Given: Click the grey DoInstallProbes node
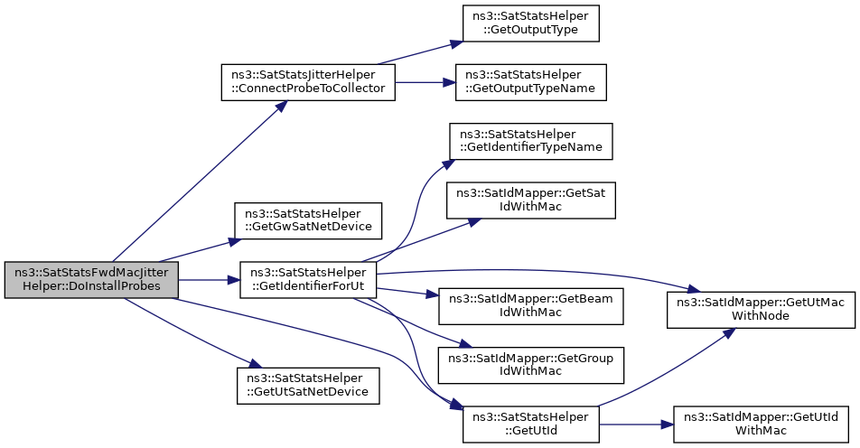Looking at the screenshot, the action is tap(91, 280).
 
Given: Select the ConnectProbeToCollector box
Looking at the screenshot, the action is tap(308, 82).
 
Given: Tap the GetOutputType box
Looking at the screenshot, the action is tap(530, 23).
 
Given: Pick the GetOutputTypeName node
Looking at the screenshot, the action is tap(530, 82).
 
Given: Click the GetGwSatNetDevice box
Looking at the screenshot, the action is tap(308, 220).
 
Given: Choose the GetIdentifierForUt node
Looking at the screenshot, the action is tap(308, 280).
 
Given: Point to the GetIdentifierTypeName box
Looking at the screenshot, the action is tap(530, 142).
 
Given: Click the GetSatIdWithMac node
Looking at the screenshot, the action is tap(530, 201).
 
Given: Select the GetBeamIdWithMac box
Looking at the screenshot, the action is tap(530, 306).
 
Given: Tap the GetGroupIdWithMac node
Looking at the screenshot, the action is tap(530, 365).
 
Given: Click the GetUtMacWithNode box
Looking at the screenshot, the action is tap(761, 310).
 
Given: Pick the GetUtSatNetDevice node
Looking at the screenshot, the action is tap(308, 386).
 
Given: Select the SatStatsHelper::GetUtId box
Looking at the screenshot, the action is tap(530, 424).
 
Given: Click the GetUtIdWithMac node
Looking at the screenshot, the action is tap(761, 424).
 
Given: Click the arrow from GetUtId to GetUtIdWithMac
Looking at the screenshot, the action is tap(636, 424).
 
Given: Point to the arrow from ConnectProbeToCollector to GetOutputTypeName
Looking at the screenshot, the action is tap(425, 82).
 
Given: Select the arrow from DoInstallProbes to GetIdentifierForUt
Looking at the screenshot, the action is tap(209, 280).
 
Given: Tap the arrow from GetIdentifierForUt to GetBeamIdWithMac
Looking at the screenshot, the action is tap(407, 291).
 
